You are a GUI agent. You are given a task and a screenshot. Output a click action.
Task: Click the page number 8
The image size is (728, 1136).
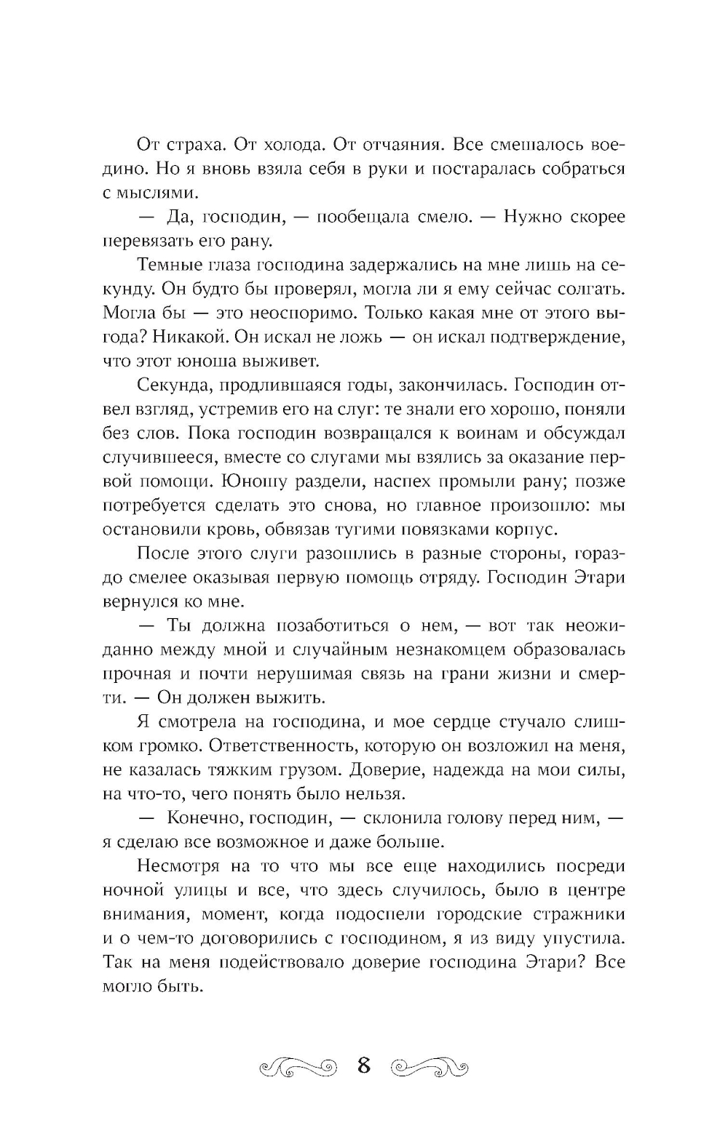click(364, 1067)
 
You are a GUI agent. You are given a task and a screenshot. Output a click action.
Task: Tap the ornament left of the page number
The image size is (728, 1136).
click(298, 1068)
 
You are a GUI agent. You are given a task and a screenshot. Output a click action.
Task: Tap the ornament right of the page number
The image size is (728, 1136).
click(430, 1068)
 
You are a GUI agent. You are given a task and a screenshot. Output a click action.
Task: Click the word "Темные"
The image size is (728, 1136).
click(165, 265)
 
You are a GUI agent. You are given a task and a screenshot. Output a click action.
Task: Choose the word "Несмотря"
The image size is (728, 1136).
click(174, 866)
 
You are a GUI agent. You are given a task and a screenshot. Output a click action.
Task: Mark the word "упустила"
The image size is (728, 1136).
click(587, 938)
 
